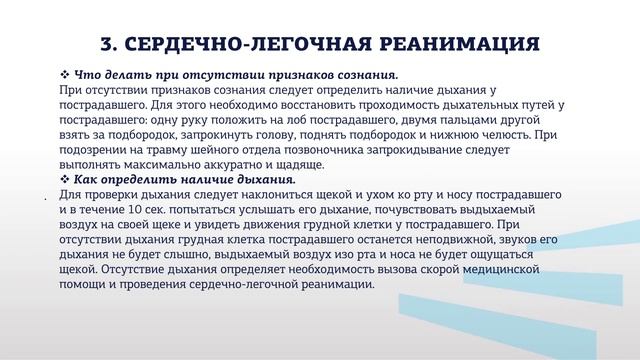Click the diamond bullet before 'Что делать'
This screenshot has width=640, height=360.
click(65, 75)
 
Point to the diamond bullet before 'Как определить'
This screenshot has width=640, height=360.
click(65, 179)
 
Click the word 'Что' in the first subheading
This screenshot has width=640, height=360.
click(89, 75)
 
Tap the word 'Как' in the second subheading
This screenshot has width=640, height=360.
click(89, 179)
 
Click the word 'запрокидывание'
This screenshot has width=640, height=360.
click(442, 149)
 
